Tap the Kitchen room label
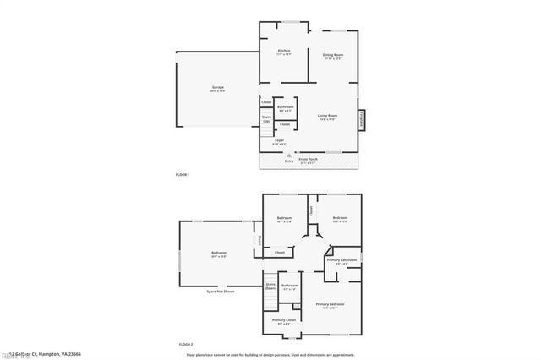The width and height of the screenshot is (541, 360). tap(284, 52)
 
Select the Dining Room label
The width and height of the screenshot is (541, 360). tap(333, 56)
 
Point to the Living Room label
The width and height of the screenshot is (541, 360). tap(327, 117)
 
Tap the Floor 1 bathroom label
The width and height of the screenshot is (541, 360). tap(285, 108)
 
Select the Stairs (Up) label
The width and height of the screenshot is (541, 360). tap(266, 119)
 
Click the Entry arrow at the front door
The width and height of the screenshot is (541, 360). tap(289, 156)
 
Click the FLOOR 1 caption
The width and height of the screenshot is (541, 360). tap(183, 174)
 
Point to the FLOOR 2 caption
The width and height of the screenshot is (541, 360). tap(186, 345)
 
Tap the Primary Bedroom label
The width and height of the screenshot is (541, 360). tap(330, 305)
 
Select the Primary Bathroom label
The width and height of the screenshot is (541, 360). tap(343, 261)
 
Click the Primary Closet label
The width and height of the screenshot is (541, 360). tap(284, 320)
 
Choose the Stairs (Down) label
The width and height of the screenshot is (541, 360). tap(270, 286)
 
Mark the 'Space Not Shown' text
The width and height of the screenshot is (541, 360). tap(221, 291)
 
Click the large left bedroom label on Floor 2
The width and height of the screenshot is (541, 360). tap(218, 254)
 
